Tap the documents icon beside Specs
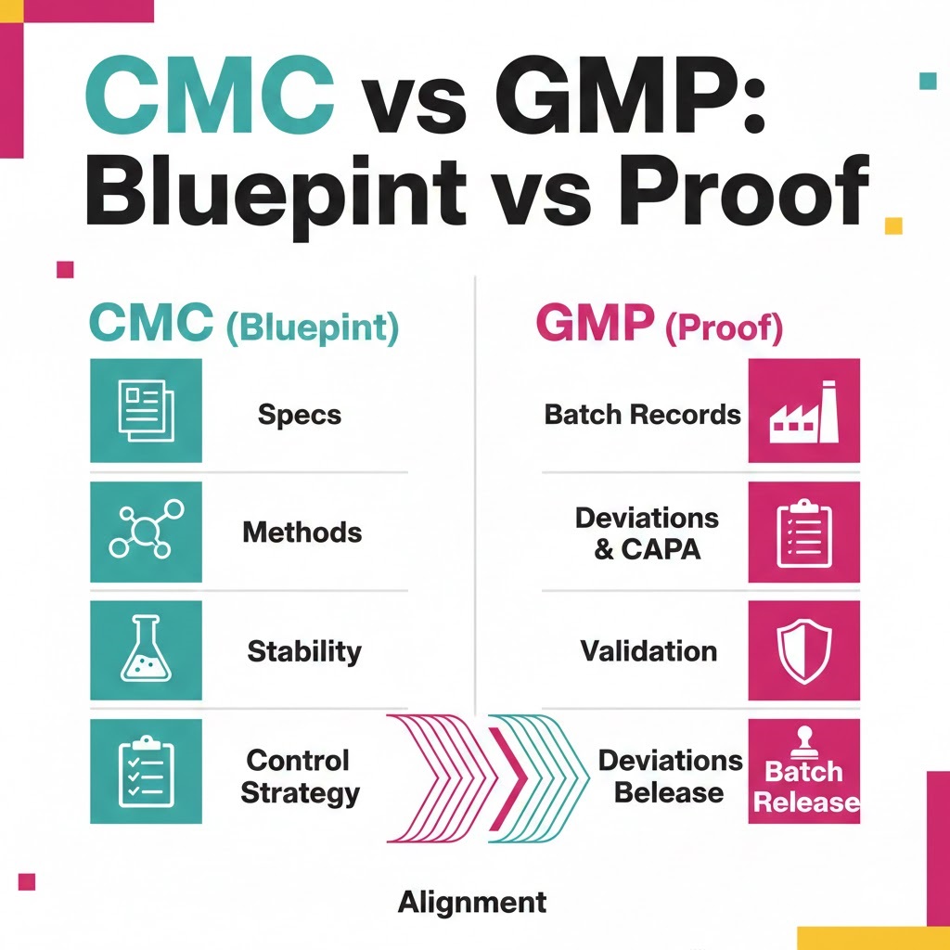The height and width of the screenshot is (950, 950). pos(146,410)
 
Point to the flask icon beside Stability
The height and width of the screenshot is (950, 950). pos(146,649)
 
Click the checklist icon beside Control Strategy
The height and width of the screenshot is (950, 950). pos(146,770)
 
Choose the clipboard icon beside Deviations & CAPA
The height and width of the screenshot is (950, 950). pos(803,532)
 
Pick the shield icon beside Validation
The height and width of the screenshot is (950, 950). pos(803,651)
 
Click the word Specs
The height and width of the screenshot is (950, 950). pos(300,414)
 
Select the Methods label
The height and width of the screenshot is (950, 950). pos(302,533)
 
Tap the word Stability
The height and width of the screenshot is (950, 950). pos(303,651)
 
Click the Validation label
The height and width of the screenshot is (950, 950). pos(648,650)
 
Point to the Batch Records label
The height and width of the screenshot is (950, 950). pos(642,414)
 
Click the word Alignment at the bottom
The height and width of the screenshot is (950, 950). pos(472,901)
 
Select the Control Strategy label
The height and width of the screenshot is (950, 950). pos(299,777)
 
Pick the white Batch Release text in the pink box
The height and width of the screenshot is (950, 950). pos(803,786)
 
